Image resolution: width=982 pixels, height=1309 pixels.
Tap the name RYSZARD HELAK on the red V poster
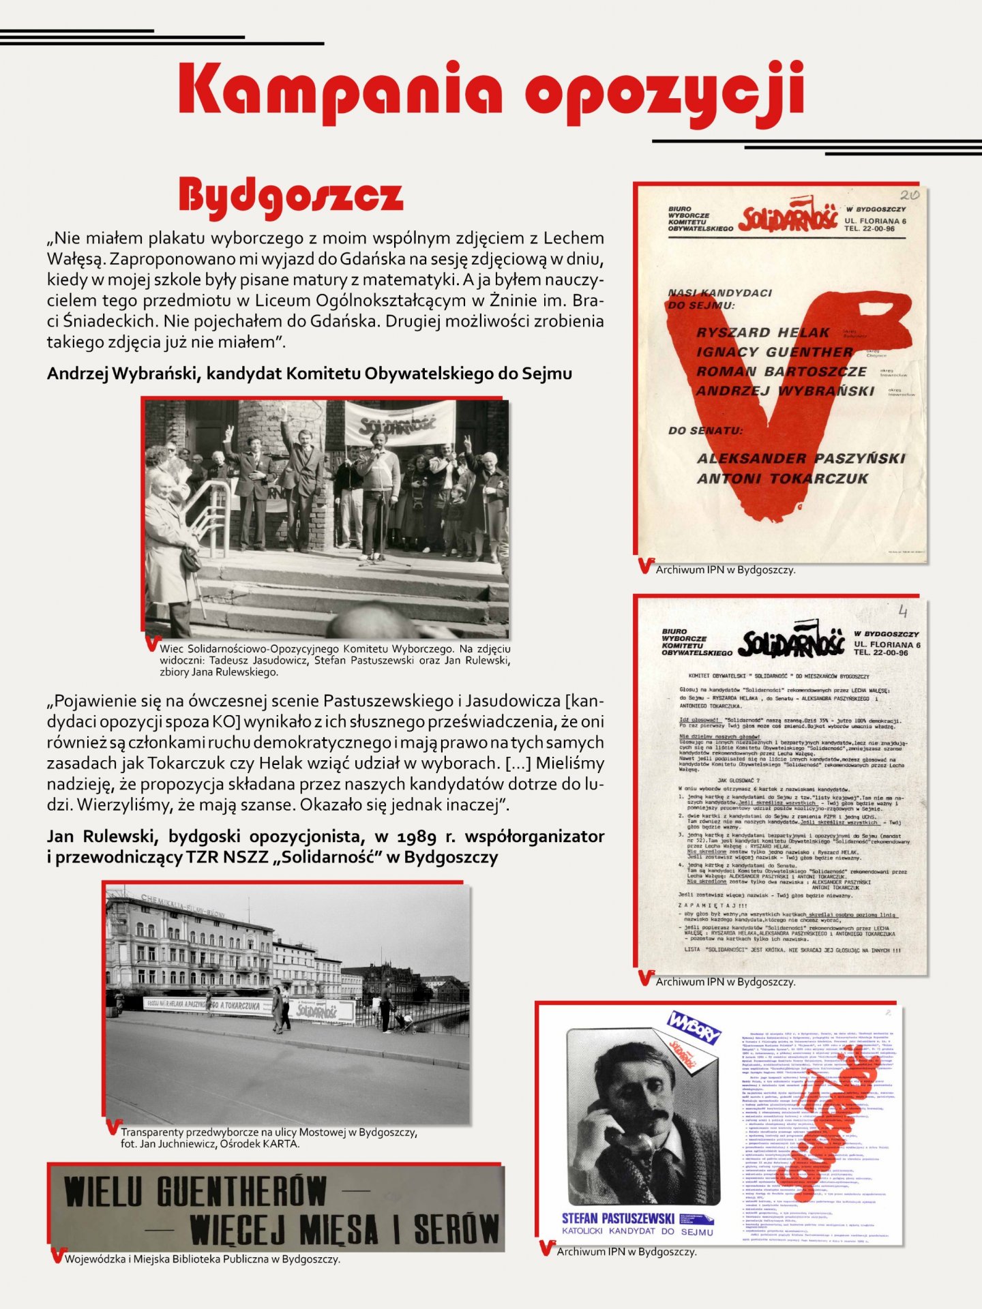[x=762, y=333]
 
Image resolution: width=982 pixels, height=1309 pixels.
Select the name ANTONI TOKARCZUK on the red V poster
[x=782, y=479]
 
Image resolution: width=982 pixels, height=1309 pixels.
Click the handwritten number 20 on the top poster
[x=909, y=195]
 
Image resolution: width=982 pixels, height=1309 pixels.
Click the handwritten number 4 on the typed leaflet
[x=903, y=610]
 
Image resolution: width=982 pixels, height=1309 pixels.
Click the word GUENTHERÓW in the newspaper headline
[x=241, y=1192]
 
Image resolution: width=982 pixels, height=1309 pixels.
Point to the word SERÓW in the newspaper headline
[x=456, y=1229]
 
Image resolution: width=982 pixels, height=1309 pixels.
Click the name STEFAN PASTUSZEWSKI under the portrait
[x=618, y=1218]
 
